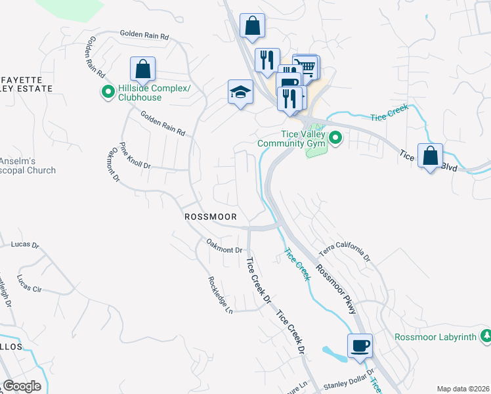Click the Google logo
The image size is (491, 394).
point(22,385)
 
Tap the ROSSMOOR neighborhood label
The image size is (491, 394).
point(210,216)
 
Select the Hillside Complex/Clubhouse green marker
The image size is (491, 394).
point(107,93)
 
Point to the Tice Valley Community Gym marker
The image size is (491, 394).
point(335,138)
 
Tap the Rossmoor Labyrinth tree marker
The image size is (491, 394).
point(486,337)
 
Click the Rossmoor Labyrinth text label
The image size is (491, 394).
point(436,338)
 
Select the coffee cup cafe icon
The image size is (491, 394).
point(360,345)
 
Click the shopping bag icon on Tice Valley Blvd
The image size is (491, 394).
point(430,156)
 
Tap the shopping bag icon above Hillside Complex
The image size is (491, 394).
point(142,68)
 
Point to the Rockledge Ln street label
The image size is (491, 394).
point(221,294)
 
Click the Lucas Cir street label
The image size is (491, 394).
point(30,283)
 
